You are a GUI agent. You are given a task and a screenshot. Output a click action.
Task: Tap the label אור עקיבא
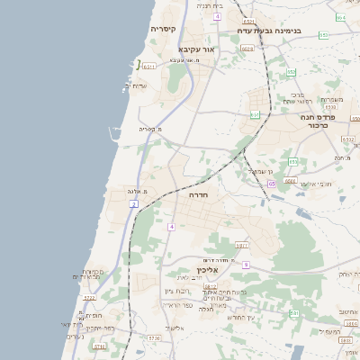(196, 49)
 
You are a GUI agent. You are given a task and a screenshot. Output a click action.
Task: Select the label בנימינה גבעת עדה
(269, 31)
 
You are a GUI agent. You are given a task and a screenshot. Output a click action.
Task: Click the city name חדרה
(198, 193)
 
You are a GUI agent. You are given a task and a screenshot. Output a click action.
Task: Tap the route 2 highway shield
(134, 205)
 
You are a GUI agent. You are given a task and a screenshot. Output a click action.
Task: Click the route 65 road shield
(272, 184)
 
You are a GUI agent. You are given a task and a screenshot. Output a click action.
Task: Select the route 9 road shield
(246, 265)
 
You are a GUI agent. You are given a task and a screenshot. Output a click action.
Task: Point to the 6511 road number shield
(149, 66)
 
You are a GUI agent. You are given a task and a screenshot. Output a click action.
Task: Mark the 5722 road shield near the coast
(89, 298)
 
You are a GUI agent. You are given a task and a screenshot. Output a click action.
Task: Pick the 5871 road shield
(241, 245)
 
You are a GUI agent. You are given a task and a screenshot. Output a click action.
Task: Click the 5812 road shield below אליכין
(210, 286)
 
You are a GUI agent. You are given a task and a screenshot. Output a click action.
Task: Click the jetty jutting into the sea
(113, 135)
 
